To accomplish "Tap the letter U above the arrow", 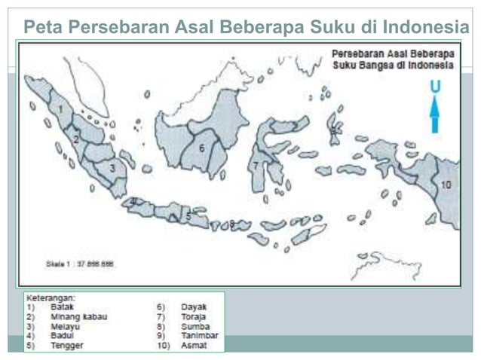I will click(435, 87).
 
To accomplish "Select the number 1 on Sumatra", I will click(60, 109).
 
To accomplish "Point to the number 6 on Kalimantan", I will click(201, 148).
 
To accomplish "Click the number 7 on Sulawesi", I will click(256, 165).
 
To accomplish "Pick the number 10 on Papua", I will click(446, 184).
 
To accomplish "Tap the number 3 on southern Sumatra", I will click(112, 168).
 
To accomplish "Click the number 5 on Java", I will click(188, 217).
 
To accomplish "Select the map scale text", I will click(79, 264).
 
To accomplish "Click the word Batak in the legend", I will click(62, 307).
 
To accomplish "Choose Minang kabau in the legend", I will click(78, 317).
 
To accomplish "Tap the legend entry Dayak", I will click(194, 307).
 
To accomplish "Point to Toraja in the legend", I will click(195, 317).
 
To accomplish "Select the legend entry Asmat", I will click(193, 346).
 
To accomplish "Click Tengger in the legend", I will click(67, 346).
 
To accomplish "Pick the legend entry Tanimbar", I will click(199, 336).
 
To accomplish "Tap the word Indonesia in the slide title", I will click(425, 28).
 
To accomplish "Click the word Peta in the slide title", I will click(42, 28).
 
